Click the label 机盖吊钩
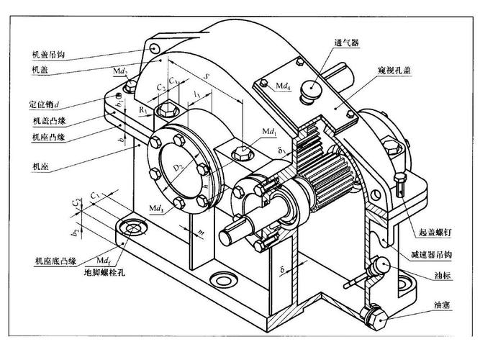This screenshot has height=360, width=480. point(49,54)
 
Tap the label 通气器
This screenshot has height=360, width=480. point(345,41)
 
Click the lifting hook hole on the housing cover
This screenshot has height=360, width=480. point(154,48)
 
